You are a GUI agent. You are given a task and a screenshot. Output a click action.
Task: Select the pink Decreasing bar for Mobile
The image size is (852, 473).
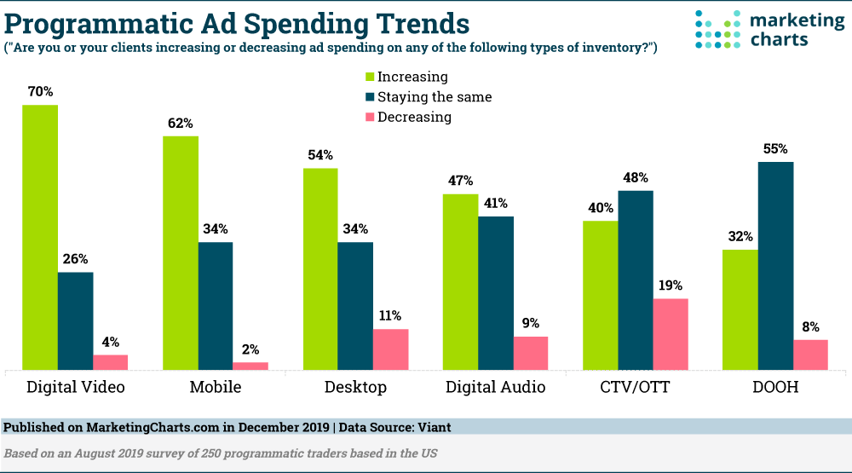tap(250, 366)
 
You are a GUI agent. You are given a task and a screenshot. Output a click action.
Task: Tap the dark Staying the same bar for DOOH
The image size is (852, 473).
tap(775, 265)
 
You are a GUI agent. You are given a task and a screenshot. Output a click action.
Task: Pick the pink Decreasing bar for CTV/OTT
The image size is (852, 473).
tap(671, 334)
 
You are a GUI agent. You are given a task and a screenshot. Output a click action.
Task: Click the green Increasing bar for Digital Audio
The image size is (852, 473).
tap(460, 281)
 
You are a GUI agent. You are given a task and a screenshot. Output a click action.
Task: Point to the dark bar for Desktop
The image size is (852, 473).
tap(355, 306)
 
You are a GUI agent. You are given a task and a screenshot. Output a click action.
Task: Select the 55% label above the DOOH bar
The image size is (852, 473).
tap(775, 147)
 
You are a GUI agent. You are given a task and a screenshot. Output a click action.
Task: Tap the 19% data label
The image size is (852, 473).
tap(671, 286)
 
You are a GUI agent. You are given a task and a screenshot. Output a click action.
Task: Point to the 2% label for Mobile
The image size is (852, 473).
tap(250, 349)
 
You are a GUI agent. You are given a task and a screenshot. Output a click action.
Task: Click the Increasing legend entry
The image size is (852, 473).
tap(412, 77)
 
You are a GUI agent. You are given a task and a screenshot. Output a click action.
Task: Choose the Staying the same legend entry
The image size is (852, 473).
tap(435, 97)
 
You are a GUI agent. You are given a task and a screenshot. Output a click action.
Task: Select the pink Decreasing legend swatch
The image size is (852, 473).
tap(370, 118)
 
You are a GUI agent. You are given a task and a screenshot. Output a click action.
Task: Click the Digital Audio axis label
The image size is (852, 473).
tap(496, 387)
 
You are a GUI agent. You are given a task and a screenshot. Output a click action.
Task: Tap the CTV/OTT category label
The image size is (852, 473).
tap(635, 387)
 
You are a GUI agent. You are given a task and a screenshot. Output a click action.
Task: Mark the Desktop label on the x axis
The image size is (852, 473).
tap(355, 387)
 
